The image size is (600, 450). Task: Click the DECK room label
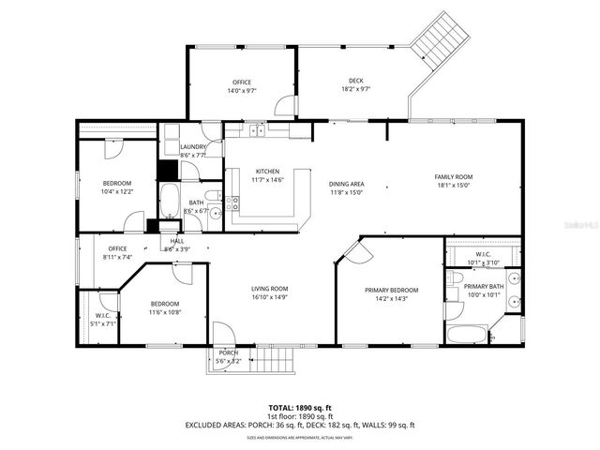coord(354,82)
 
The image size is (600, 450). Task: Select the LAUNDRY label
coord(193,147)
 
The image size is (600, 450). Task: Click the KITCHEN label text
coord(267,171)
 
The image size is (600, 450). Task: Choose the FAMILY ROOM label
coord(453,177)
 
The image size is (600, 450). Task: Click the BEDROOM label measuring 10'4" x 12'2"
coord(117,183)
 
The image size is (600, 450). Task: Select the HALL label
coord(176,241)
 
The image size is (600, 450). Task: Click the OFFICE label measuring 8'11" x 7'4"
coord(117,248)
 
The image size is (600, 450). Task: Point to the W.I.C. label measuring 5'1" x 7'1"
coord(103,316)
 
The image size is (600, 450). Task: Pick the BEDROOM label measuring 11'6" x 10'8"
coord(165,304)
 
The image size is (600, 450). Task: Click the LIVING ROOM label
coord(269,289)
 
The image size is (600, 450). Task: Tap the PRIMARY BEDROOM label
coord(391,291)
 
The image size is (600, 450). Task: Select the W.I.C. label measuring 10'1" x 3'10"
coord(483,254)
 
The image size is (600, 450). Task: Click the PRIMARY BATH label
coord(485,286)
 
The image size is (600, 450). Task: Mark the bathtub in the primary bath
coord(466,335)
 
